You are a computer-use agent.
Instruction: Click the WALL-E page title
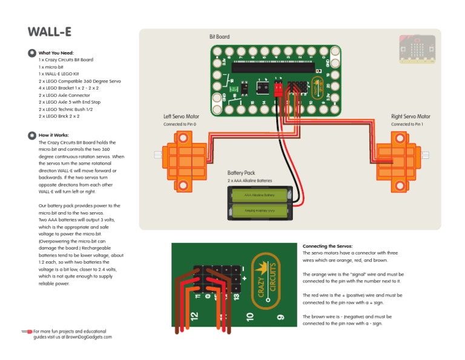pyautogui.click(x=50, y=32)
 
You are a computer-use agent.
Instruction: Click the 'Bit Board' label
pyautogui.click(x=219, y=37)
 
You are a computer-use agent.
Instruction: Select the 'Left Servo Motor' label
pyautogui.click(x=181, y=116)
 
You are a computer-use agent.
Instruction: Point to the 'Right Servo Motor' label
pyautogui.click(x=411, y=116)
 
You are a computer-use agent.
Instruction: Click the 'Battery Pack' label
pyautogui.click(x=241, y=173)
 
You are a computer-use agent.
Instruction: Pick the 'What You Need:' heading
pyautogui.click(x=56, y=53)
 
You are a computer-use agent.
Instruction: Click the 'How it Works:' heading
pyautogui.click(x=53, y=135)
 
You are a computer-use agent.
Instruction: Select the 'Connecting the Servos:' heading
pyautogui.click(x=327, y=246)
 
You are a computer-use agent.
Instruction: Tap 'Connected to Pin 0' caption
pyautogui.click(x=180, y=124)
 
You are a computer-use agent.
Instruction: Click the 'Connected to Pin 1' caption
pyautogui.click(x=410, y=124)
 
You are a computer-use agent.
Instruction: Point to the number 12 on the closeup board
pyautogui.click(x=194, y=316)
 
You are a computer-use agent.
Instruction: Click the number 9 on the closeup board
pyautogui.click(x=280, y=316)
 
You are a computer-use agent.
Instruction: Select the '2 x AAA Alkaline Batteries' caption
pyautogui.click(x=249, y=181)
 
